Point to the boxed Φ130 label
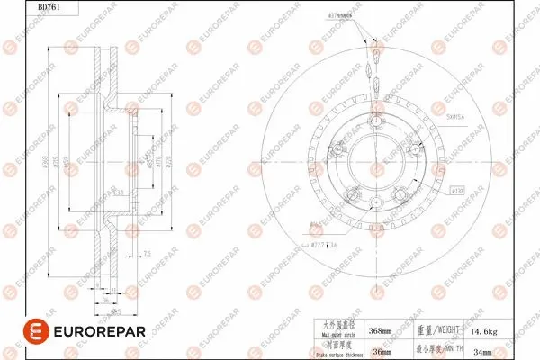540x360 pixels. click(457, 193)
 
